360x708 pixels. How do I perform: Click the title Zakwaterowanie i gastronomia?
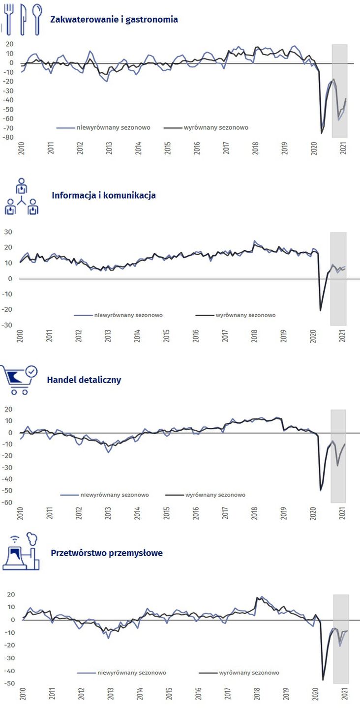(114, 20)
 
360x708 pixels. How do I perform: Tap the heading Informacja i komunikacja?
(104, 195)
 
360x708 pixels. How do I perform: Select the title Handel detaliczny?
(84, 380)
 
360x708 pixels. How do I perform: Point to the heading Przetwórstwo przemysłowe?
(107, 553)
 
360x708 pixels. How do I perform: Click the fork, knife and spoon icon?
(23, 20)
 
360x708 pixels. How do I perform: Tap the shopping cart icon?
(20, 380)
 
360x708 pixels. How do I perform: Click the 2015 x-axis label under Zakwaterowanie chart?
(167, 148)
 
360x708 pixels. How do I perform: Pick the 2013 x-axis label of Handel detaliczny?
(108, 513)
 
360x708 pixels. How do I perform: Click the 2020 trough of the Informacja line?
(321, 310)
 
